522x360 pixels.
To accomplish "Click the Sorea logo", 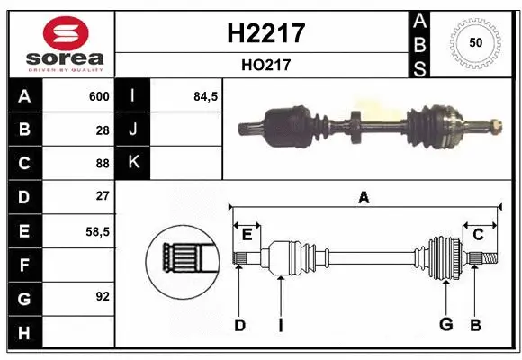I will click(59, 43).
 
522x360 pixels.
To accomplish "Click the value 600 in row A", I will click(99, 96).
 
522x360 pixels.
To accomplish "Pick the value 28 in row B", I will click(103, 130).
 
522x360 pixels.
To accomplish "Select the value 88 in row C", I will click(103, 163).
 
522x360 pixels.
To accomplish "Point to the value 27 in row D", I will click(103, 196).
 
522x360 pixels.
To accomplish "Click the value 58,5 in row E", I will click(98, 230).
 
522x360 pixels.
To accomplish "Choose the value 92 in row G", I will click(103, 296).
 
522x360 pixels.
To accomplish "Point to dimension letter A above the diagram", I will click(364, 197).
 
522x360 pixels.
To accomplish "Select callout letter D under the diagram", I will click(239, 325).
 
